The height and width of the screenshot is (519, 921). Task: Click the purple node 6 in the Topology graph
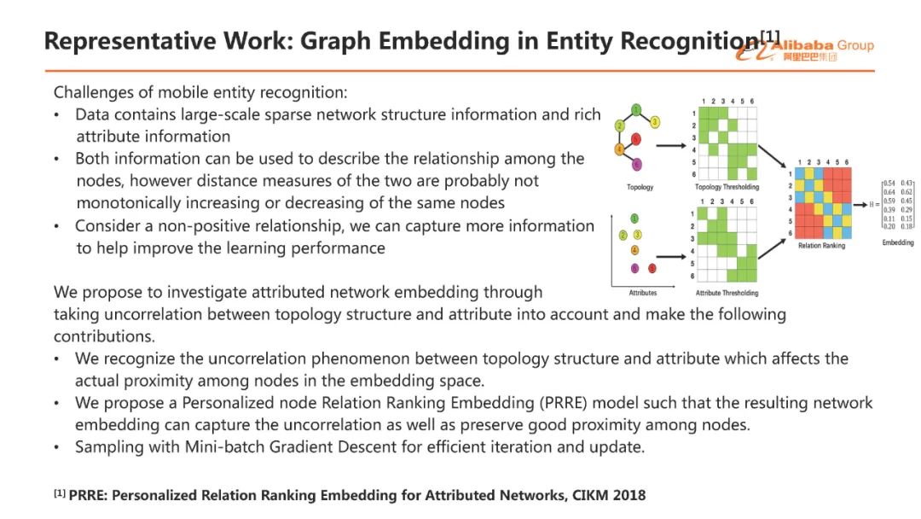tap(636, 165)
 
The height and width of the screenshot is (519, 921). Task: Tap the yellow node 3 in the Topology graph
tap(655, 122)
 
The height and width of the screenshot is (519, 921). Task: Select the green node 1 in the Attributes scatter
tap(634, 219)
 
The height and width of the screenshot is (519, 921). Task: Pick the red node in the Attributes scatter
tap(652, 269)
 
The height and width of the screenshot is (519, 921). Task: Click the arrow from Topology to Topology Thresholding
tap(673, 146)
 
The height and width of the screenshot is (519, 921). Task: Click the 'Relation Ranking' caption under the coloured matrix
tap(822, 246)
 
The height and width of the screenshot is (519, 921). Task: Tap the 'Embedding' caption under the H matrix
tap(897, 242)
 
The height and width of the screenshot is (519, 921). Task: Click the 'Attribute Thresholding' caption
tap(726, 293)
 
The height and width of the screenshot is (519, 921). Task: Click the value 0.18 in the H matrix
tap(907, 226)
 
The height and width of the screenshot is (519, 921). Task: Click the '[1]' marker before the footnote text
tap(60, 494)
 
